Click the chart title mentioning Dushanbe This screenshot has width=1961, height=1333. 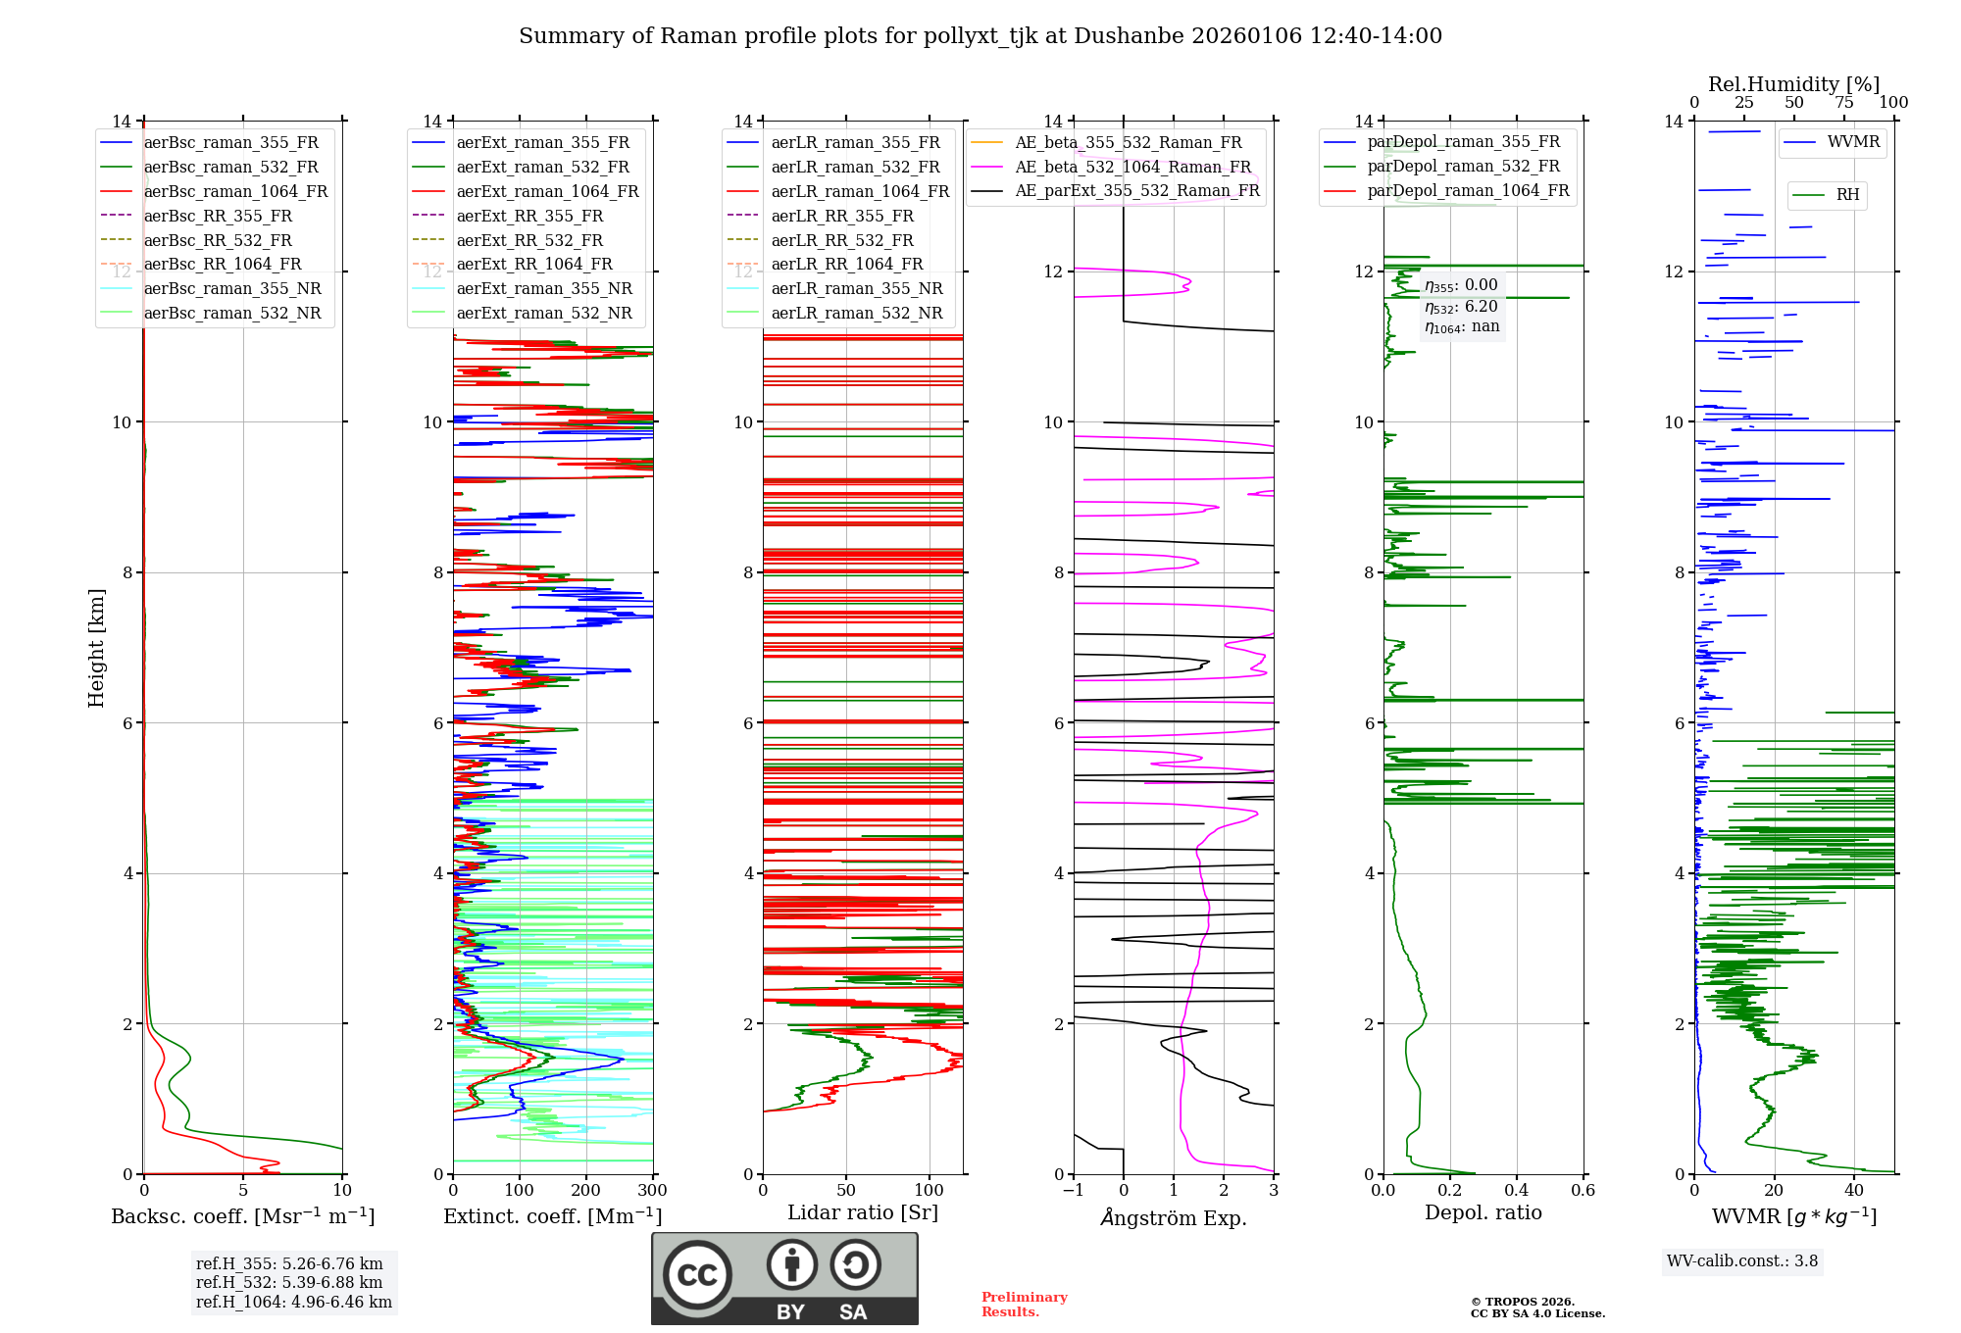click(x=980, y=36)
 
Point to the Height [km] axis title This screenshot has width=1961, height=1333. click(x=96, y=648)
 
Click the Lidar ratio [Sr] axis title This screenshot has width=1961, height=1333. click(x=863, y=1212)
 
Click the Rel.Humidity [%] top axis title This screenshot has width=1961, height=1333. click(x=1794, y=84)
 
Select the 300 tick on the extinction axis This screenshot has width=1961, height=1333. click(x=652, y=1190)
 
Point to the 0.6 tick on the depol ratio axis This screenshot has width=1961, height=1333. click(x=1583, y=1190)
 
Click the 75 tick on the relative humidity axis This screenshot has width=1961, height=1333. click(x=1844, y=102)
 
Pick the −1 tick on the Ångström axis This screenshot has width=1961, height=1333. click(x=1073, y=1190)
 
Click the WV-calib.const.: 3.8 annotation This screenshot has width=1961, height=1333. click(x=1742, y=1260)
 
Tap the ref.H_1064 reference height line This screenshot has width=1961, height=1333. click(x=294, y=1302)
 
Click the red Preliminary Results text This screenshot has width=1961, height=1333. click(x=1025, y=1305)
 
